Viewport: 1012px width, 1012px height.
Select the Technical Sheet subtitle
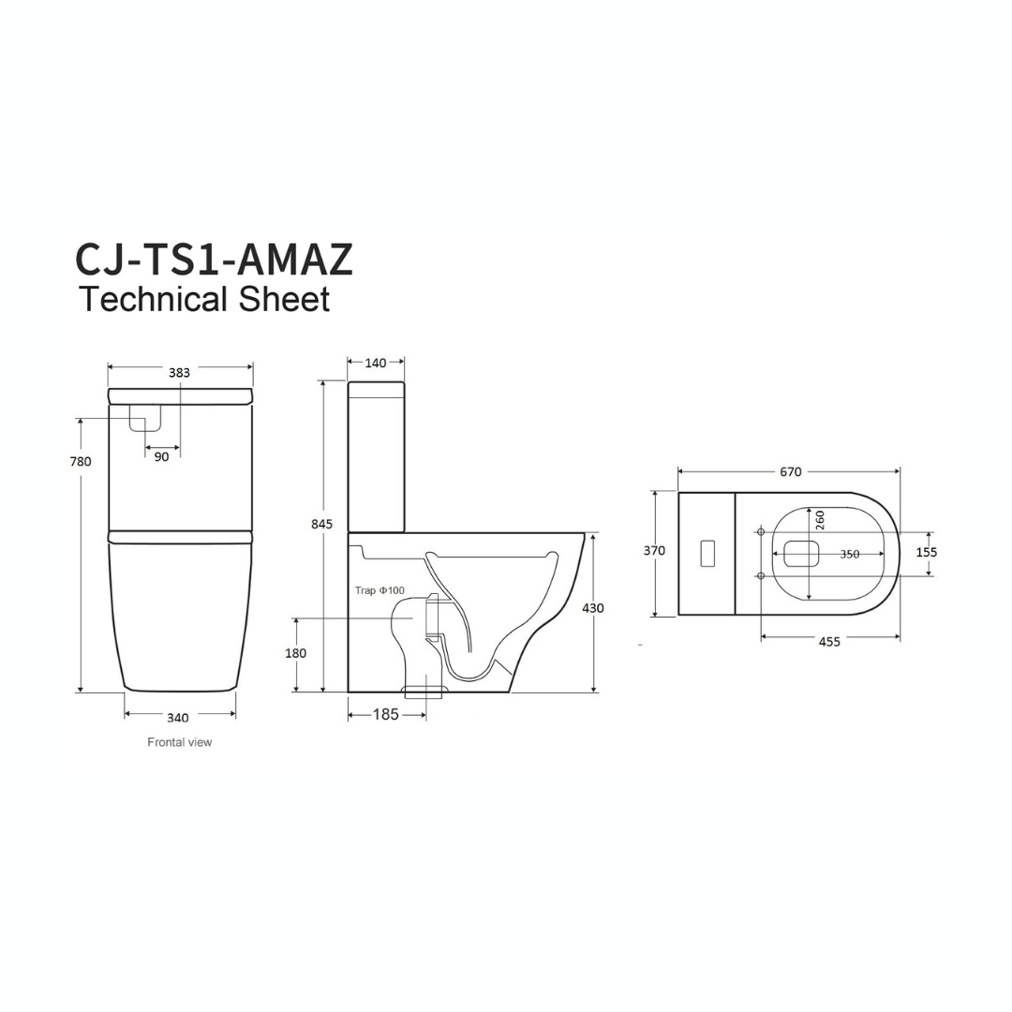[204, 300]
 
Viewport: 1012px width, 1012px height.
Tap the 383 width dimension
[179, 372]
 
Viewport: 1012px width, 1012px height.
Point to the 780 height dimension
[81, 461]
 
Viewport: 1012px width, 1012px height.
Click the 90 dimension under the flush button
[161, 457]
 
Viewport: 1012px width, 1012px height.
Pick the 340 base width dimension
[177, 718]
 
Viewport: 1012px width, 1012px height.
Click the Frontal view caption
[179, 742]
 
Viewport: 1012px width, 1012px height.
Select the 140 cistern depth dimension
[375, 363]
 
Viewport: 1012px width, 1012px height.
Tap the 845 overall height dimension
[321, 525]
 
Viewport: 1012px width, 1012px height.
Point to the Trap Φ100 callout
[379, 590]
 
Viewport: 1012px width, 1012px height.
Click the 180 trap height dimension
[295, 653]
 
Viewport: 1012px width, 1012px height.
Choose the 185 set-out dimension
[385, 715]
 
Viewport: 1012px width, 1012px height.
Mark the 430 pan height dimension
[592, 608]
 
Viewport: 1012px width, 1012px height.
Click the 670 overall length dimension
[790, 472]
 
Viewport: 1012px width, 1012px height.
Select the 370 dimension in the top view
[654, 551]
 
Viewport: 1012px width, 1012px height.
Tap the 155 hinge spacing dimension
[926, 552]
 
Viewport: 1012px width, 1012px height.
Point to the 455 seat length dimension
[828, 642]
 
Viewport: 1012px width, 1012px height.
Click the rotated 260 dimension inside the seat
[820, 520]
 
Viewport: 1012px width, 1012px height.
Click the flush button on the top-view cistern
[709, 553]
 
